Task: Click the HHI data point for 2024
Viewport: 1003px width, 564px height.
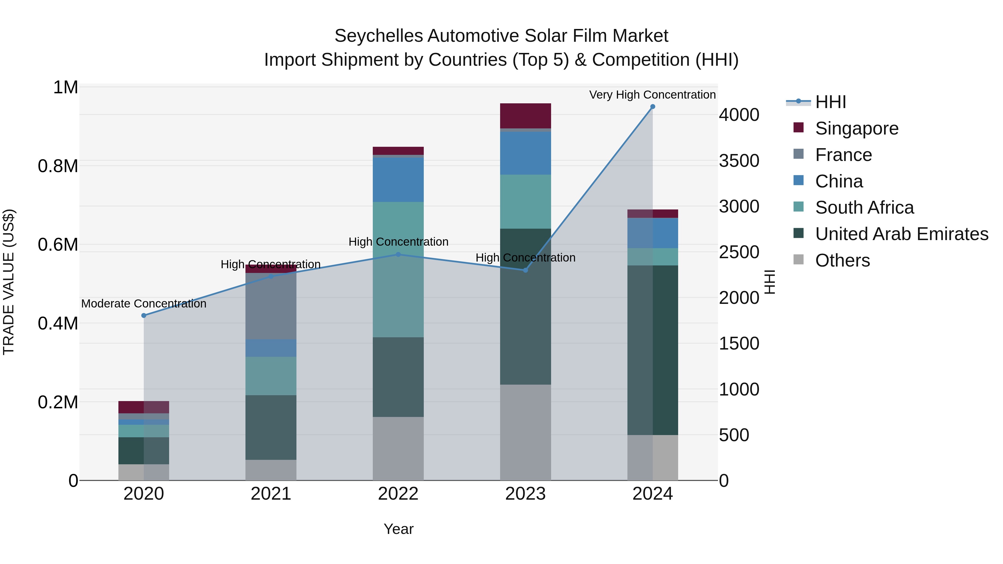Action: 653,107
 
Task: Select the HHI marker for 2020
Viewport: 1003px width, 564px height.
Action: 144,315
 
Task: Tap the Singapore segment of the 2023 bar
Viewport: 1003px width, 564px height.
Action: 525,116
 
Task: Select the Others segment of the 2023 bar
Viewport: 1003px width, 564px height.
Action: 525,432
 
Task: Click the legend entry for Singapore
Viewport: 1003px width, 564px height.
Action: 857,128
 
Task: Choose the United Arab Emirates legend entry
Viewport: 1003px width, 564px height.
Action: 901,234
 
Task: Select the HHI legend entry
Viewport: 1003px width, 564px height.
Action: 830,102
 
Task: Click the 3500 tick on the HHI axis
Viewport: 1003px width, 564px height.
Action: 739,161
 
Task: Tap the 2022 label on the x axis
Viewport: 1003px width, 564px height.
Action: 398,494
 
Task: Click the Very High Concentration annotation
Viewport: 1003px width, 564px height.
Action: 652,95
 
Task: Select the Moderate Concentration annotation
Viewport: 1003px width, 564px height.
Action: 144,304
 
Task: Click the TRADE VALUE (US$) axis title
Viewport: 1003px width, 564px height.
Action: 9,282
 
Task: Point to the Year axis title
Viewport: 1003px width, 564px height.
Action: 398,529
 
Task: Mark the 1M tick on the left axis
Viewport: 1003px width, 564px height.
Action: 65,87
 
